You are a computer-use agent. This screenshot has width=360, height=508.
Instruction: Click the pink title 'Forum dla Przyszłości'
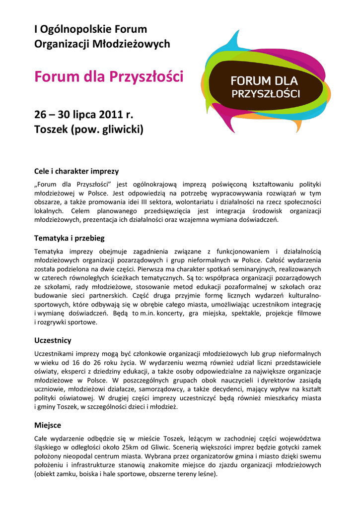click(108, 77)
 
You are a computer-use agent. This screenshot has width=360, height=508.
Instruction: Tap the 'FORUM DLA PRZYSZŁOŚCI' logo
click(265, 86)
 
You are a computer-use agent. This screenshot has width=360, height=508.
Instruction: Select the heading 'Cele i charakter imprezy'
click(76, 171)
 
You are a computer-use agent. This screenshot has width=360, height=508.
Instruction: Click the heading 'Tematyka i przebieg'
click(69, 238)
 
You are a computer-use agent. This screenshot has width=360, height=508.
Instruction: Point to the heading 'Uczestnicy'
click(53, 340)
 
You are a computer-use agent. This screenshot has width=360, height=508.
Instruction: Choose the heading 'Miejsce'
click(48, 425)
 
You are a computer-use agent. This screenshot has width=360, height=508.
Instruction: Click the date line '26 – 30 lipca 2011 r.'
click(84, 115)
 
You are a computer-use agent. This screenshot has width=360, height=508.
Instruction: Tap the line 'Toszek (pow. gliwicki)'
click(88, 130)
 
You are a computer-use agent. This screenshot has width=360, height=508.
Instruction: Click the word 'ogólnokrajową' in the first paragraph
click(158, 184)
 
